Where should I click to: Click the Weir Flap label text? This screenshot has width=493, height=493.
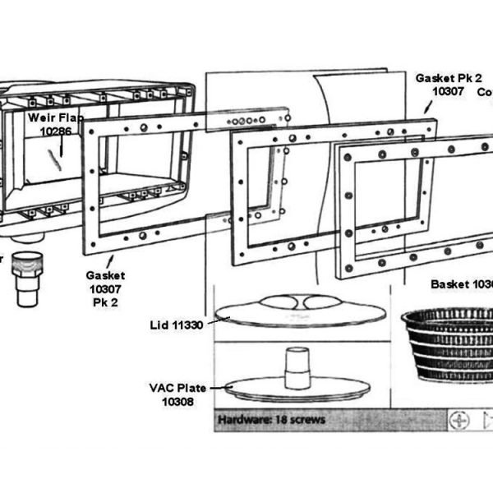click(56, 117)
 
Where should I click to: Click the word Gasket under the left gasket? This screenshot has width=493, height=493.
click(105, 276)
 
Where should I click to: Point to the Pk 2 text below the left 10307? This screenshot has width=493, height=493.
click(105, 302)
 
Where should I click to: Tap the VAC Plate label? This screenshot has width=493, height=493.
click(177, 388)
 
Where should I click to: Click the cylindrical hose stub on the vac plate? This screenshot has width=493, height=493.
click(297, 366)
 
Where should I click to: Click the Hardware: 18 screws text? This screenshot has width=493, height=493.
click(271, 419)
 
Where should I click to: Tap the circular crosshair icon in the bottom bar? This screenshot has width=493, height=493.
click(458, 420)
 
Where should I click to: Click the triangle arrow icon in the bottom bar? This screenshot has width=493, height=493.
click(487, 420)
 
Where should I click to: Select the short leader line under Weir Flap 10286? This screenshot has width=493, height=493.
click(58, 153)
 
